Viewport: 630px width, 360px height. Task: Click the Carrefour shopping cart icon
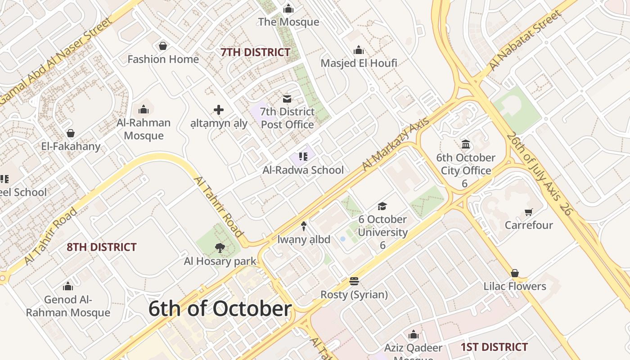(x=528, y=212)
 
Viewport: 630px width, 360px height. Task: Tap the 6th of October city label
(x=220, y=309)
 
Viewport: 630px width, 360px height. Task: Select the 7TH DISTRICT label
(x=255, y=52)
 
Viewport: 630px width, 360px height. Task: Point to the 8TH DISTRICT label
(x=101, y=247)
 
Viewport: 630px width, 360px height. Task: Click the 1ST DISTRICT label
(x=494, y=347)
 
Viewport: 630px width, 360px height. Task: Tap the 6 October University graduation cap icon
(x=382, y=206)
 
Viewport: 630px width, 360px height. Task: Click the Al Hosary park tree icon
(x=220, y=247)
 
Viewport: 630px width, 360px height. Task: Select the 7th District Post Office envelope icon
(x=287, y=99)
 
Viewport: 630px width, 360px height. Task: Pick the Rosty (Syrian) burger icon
(x=354, y=282)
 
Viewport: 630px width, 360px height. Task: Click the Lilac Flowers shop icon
(x=515, y=273)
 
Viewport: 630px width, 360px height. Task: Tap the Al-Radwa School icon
(x=303, y=157)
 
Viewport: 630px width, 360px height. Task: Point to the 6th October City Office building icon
(x=466, y=144)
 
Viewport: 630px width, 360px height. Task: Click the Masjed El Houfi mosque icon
(x=359, y=50)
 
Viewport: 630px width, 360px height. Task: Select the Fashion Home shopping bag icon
(x=163, y=46)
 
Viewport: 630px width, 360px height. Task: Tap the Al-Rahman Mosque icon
(x=144, y=109)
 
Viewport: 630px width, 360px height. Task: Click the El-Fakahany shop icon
(x=71, y=133)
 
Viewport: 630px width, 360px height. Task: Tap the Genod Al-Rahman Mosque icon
(x=68, y=286)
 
